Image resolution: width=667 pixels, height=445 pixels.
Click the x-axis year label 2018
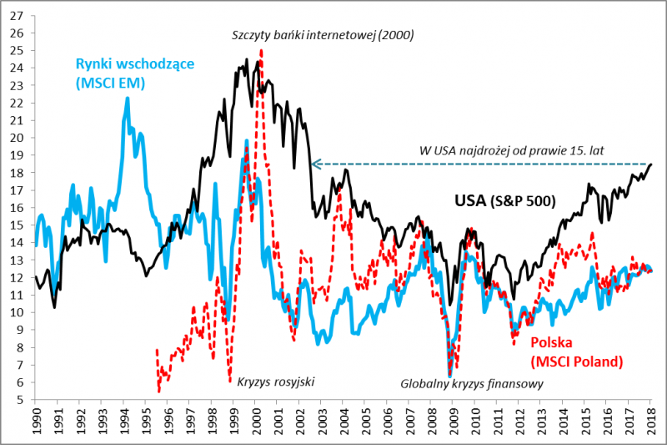tap(651, 421)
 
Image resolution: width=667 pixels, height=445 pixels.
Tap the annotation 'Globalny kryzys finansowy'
tap(472, 385)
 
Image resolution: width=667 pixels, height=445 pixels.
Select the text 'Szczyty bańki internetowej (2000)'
tap(323, 35)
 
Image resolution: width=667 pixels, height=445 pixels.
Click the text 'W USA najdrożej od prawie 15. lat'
tap(511, 150)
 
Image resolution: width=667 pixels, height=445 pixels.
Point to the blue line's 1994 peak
tap(128, 98)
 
